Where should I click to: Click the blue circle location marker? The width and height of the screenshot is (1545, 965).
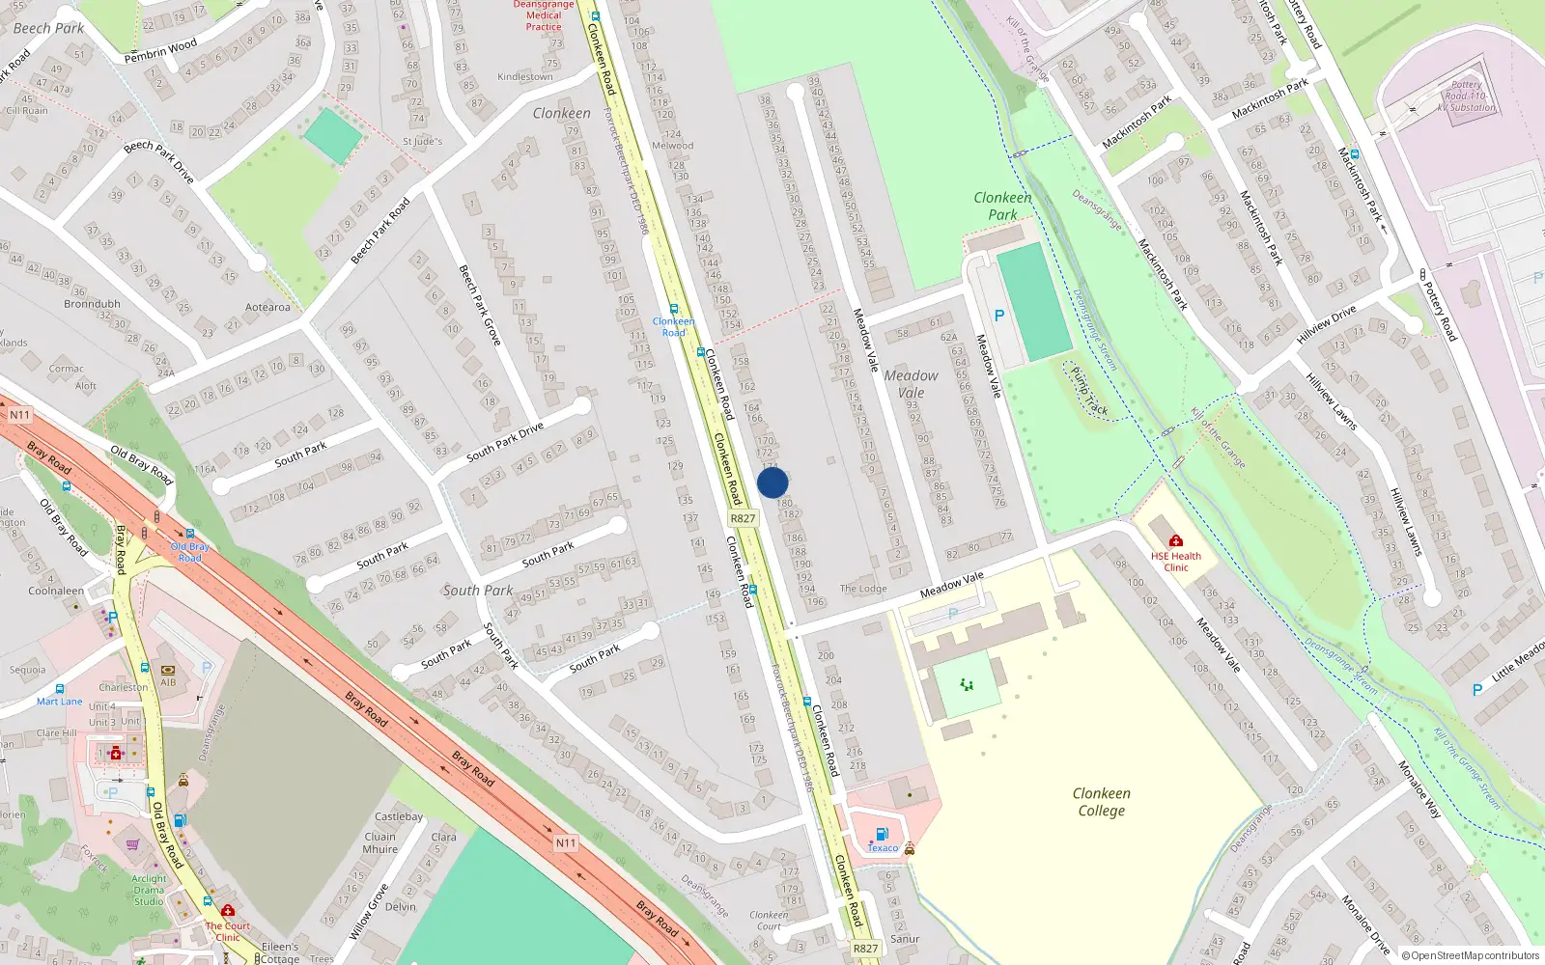point(772,482)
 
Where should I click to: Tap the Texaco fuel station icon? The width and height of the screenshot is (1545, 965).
point(881,834)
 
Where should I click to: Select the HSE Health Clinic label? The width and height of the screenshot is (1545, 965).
point(1175,562)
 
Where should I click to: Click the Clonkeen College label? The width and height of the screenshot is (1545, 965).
point(1101,802)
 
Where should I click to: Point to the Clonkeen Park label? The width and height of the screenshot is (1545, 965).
point(1002,206)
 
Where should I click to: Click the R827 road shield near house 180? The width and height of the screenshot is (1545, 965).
point(743,518)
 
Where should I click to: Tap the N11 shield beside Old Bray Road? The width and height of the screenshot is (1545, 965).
point(20,415)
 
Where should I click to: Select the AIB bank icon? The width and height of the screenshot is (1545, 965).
point(168,670)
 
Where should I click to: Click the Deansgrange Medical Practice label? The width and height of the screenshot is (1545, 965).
point(544,15)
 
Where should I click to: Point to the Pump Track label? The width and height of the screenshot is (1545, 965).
point(1089,391)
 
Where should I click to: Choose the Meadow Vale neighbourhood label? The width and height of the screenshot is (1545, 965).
point(911,384)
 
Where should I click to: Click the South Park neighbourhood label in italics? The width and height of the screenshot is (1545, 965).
point(478,591)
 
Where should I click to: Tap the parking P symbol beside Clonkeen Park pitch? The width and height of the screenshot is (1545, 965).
point(999,316)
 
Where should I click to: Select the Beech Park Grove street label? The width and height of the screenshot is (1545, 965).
point(479,305)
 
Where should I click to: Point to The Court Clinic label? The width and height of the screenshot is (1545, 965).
point(227,931)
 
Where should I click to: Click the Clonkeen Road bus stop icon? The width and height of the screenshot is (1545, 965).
point(673,310)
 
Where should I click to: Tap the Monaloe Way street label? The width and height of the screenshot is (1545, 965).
point(1419,789)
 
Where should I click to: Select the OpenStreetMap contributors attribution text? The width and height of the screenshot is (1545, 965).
point(1470,956)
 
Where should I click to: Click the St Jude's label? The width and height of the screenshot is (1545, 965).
point(422,142)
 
